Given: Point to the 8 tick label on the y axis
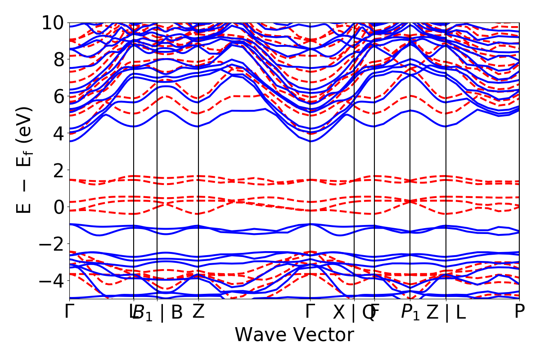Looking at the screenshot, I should pos(58,59).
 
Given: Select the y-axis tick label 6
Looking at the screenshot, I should pos(58,96).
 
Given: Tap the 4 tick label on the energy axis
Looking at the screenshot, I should pos(58,133).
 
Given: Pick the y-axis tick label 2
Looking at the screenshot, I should pos(58,170).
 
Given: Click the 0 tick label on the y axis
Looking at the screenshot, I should pos(58,207).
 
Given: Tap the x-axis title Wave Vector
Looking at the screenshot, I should pos(294,335).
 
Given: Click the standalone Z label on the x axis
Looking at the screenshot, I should pos(198,312).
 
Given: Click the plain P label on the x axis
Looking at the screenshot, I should pos(519,312).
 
